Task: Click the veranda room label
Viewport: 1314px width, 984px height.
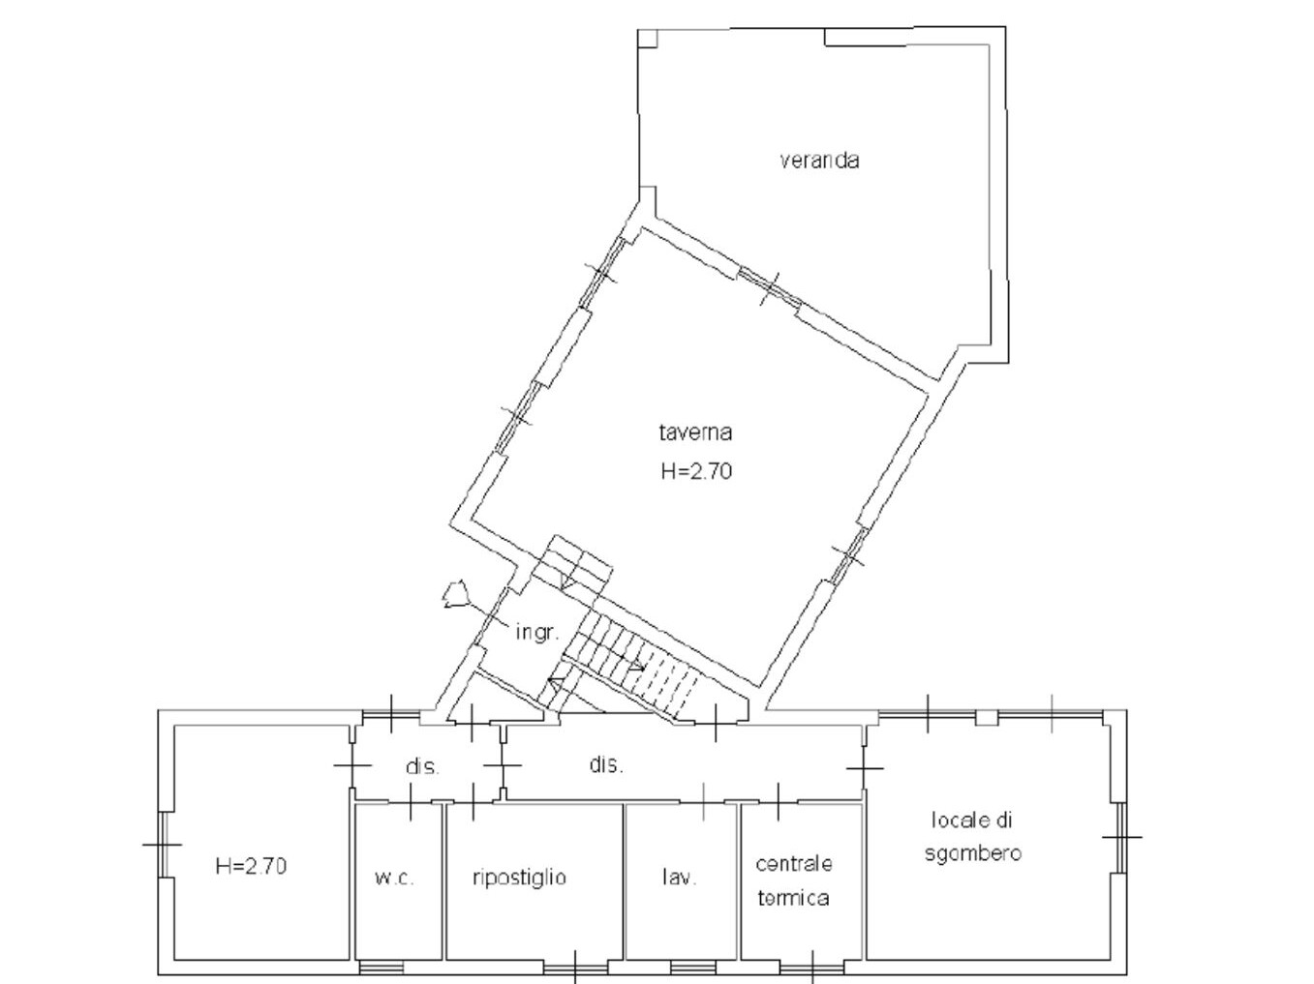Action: (x=819, y=161)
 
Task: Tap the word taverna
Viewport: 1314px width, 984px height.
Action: (x=695, y=432)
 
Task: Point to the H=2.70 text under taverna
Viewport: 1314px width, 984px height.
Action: (x=696, y=471)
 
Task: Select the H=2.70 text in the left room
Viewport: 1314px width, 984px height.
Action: (x=251, y=866)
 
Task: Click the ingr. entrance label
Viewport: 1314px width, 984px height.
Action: (x=537, y=632)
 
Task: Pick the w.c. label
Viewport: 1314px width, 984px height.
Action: (x=394, y=878)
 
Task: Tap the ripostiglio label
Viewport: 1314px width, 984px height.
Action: (x=519, y=878)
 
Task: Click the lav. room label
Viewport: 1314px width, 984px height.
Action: (x=680, y=878)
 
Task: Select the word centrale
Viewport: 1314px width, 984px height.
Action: (x=794, y=864)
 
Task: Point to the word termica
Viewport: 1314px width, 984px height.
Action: (x=793, y=897)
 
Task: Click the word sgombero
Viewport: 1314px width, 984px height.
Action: (x=973, y=853)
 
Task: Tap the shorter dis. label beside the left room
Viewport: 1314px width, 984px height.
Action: (x=422, y=766)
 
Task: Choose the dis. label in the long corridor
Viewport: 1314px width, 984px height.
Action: (x=606, y=764)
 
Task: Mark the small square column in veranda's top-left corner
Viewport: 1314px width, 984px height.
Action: (x=647, y=39)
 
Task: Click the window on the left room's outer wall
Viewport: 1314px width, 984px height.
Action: (x=163, y=844)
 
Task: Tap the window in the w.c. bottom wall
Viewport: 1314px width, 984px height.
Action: (x=381, y=967)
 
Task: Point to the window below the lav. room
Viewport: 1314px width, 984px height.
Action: (x=692, y=967)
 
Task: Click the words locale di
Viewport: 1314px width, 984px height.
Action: (x=971, y=820)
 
